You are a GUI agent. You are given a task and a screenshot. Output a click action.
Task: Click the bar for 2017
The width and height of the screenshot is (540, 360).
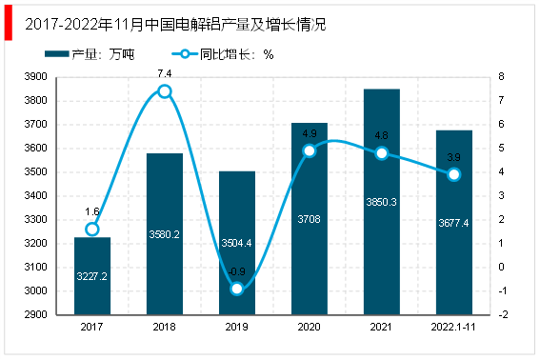click(92, 275)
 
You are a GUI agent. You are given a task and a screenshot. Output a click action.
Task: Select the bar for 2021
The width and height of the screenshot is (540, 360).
click(382, 202)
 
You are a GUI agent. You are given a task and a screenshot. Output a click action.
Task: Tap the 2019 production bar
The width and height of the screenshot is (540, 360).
click(237, 243)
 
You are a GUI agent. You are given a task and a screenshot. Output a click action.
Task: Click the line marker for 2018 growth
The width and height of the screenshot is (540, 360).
click(165, 91)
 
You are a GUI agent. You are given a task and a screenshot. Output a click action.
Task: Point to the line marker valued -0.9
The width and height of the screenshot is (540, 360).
click(237, 289)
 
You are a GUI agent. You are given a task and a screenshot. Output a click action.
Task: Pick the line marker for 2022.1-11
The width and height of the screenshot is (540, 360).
click(454, 174)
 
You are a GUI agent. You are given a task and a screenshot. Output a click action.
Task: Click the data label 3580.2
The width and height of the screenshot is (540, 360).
click(164, 234)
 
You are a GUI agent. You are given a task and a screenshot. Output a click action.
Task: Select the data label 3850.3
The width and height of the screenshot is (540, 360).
click(381, 202)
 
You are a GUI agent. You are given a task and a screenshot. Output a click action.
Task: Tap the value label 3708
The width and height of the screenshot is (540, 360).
click(309, 219)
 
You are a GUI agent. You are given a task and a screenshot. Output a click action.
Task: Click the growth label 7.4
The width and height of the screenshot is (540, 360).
click(165, 73)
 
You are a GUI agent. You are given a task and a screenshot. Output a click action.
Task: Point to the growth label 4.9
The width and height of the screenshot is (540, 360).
click(310, 133)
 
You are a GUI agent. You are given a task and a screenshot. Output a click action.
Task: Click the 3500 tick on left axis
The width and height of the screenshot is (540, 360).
click(36, 171)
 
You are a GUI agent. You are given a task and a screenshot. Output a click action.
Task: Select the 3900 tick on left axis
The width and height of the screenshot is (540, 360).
click(36, 76)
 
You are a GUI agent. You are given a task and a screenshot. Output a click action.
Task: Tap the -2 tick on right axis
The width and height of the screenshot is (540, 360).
click(503, 314)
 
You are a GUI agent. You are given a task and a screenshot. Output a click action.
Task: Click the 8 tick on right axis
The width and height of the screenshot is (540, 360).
click(501, 76)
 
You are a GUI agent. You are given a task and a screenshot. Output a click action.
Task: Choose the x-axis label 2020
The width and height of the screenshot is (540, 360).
click(309, 327)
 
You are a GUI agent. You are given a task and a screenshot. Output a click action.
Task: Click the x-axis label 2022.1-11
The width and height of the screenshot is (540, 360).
click(453, 327)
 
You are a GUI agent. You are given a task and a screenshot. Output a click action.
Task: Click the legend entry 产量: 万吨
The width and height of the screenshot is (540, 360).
click(90, 54)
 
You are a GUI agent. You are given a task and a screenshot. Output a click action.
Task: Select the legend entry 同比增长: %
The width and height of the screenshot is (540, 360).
click(223, 54)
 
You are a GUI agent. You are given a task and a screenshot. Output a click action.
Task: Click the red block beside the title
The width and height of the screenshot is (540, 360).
click(9, 23)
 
